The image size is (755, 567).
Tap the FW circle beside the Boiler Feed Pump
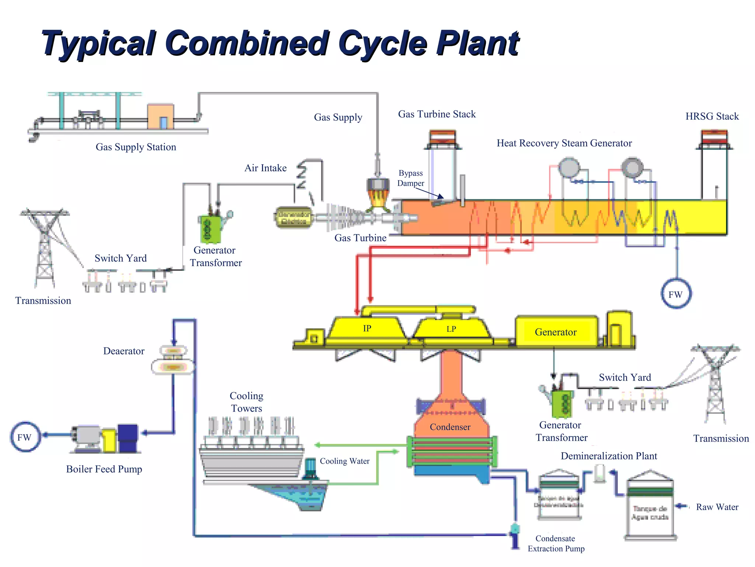point(25,437)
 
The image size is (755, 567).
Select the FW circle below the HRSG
point(675,294)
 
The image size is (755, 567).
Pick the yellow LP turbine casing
point(451,329)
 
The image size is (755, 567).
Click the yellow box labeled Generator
point(556,332)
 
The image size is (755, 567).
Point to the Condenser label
point(450,427)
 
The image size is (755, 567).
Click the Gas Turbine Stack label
point(436,114)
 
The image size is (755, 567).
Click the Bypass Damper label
point(410,178)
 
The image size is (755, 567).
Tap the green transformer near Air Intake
point(210,228)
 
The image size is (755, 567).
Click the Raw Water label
point(717,507)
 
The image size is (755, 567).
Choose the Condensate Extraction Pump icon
point(515,535)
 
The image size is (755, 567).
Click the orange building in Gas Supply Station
point(160,116)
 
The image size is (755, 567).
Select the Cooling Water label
point(344,461)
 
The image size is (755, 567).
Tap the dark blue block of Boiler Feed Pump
point(128,438)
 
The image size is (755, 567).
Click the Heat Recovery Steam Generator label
point(564,143)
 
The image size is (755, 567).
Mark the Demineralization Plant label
point(609,456)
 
